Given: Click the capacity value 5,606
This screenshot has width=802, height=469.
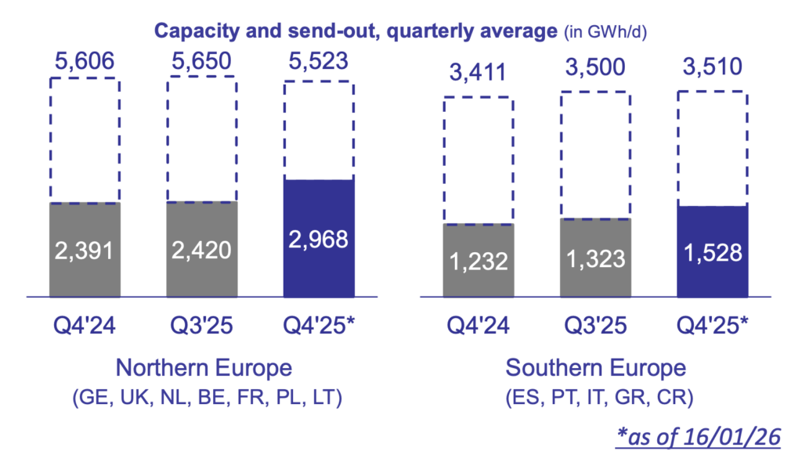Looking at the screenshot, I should (x=84, y=60).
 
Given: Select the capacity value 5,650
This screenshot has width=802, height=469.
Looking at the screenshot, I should (x=200, y=60).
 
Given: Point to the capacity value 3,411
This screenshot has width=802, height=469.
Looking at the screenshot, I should (x=478, y=74).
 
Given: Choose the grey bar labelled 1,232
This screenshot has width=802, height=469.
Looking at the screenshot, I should (x=478, y=261).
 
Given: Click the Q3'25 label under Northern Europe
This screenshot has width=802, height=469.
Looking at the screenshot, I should (x=200, y=323).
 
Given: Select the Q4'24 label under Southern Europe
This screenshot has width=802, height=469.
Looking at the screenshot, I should (x=478, y=323).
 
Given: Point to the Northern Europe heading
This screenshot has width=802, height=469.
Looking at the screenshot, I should (x=204, y=367).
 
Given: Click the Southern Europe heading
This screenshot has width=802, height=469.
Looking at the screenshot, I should (x=596, y=367).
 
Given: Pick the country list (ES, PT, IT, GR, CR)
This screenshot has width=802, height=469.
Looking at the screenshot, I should (x=596, y=398).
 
